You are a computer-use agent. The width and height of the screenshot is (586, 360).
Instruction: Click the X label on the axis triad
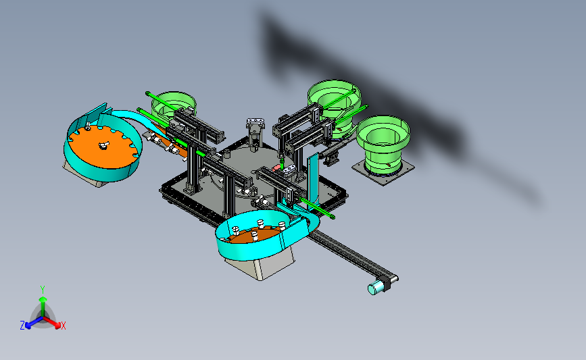coord(64,326)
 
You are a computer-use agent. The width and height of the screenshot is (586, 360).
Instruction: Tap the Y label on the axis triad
coord(43,290)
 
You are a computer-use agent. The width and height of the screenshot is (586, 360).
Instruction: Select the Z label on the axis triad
coord(22,326)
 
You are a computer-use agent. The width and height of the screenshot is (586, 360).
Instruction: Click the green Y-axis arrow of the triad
coord(43,306)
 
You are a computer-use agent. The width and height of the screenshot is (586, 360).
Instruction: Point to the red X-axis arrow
coord(51,322)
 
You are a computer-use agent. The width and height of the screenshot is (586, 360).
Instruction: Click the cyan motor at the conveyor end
coord(376,288)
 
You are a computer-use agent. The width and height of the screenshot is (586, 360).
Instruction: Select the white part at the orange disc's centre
coord(103,145)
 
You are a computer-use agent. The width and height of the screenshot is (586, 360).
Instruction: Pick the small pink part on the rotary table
coord(276,168)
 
